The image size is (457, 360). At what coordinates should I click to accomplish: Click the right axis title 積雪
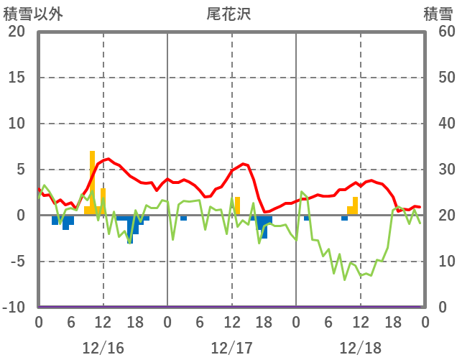(x=437, y=13)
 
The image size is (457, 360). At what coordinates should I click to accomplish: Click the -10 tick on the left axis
(x=14, y=308)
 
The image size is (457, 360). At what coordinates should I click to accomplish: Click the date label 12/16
(x=103, y=348)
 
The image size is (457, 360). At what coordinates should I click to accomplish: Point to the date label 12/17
(x=231, y=348)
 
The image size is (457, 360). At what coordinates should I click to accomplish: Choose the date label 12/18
(x=361, y=348)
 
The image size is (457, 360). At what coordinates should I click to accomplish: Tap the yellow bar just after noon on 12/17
(x=237, y=206)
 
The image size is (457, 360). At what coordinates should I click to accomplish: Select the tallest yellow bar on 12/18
(x=355, y=206)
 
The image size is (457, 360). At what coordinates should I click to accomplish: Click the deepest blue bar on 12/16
(x=130, y=229)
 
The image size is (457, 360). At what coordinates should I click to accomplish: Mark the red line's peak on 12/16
(x=108, y=159)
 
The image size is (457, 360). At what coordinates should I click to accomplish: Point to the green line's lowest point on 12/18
(x=345, y=279)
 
